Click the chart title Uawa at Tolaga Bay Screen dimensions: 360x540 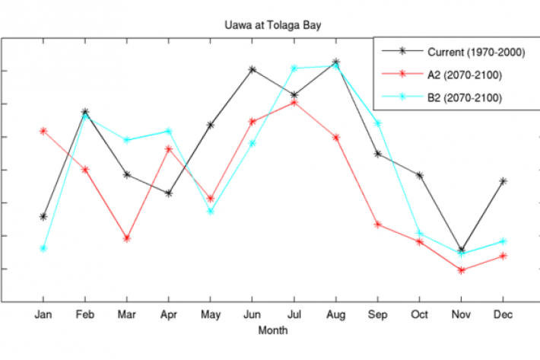[272, 24]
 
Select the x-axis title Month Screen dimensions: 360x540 [272, 331]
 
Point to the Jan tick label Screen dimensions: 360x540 [43, 314]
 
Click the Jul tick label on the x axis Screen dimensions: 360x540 [294, 314]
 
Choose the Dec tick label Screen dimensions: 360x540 [503, 314]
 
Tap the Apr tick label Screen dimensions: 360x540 [169, 314]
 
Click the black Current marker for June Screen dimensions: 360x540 [253, 69]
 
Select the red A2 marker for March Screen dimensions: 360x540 [127, 239]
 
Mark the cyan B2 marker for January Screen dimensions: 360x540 [43, 249]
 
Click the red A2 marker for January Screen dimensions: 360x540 [43, 131]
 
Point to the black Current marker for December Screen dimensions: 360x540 [503, 181]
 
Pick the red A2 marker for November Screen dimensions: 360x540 [461, 270]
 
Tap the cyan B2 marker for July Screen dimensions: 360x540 [294, 68]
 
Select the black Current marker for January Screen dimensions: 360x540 [43, 217]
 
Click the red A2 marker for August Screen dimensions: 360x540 [336, 137]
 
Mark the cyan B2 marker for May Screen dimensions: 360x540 [211, 212]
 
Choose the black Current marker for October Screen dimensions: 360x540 [419, 176]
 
